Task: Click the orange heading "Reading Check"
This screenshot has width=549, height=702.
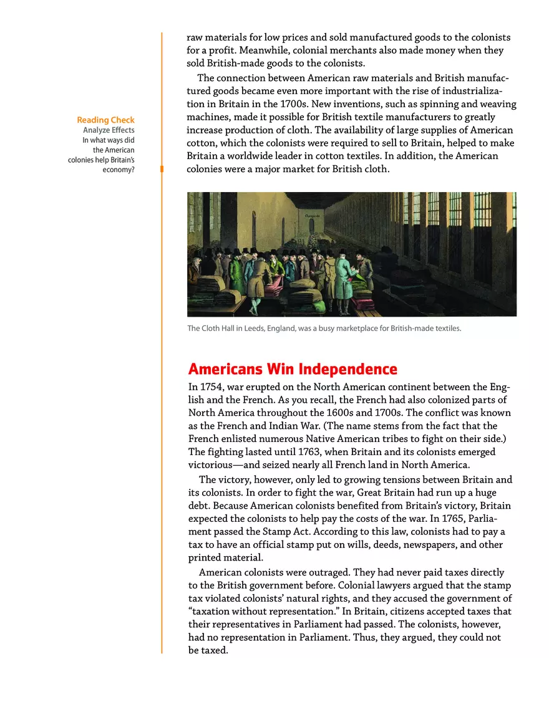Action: (x=105, y=120)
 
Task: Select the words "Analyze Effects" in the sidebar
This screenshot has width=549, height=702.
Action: (x=109, y=130)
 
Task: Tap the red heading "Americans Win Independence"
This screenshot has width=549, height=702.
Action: (x=293, y=368)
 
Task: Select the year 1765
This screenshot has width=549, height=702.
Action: (x=455, y=519)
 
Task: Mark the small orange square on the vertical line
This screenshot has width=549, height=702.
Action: (x=162, y=168)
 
